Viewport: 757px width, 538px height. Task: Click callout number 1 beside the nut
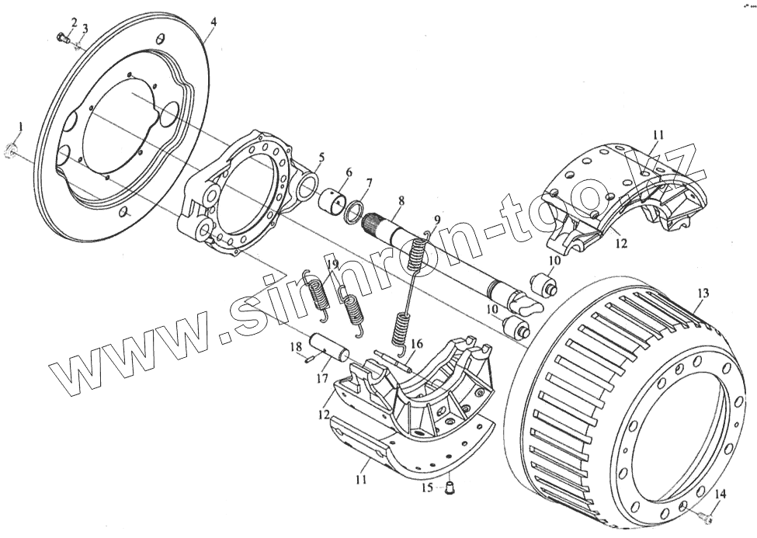22,126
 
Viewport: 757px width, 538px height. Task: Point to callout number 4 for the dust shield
213,23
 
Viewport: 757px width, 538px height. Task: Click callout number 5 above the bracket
321,157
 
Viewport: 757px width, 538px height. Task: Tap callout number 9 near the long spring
436,220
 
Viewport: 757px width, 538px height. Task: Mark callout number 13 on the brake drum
703,293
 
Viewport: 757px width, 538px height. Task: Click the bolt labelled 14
704,515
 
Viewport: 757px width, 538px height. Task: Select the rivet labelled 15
449,487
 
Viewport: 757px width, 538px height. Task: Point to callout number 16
417,343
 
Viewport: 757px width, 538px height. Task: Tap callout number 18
293,347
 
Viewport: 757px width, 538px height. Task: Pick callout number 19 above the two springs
332,264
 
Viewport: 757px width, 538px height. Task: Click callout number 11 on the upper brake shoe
658,135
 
